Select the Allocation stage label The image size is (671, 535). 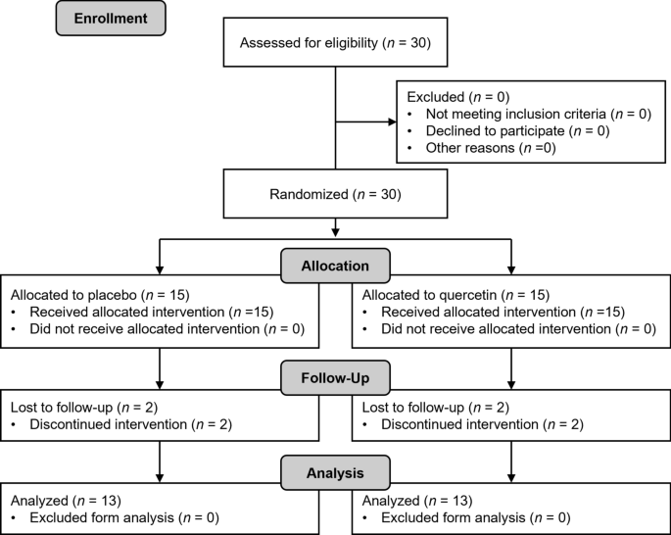pos(336,266)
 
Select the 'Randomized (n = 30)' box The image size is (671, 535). pos(335,194)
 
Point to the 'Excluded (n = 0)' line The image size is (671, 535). pos(450,97)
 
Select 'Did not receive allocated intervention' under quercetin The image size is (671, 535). pos(495,329)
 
